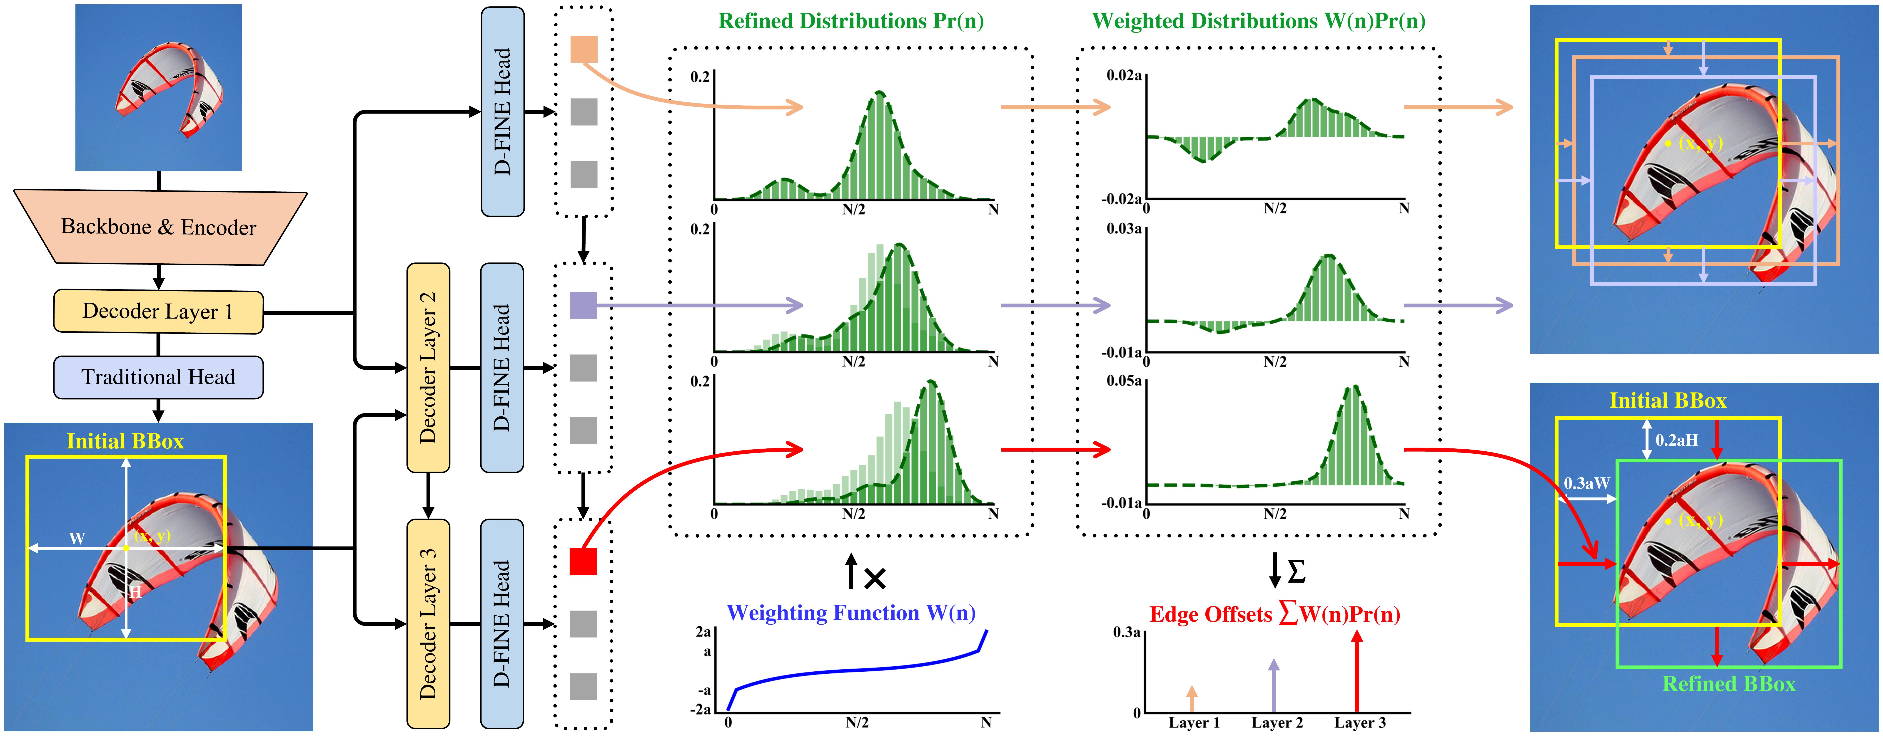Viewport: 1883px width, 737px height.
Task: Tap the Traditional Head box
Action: pyautogui.click(x=158, y=377)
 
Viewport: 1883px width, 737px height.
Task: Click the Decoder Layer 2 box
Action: pyautogui.click(x=428, y=367)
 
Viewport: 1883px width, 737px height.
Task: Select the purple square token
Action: pyautogui.click(x=583, y=305)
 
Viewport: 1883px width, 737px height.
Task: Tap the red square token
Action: pyautogui.click(x=583, y=562)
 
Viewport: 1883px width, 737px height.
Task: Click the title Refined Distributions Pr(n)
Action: pyautogui.click(x=851, y=21)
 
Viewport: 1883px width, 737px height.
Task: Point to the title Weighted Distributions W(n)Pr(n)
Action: pyautogui.click(x=1258, y=21)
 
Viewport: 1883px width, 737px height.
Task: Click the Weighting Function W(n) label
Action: pyautogui.click(x=851, y=613)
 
